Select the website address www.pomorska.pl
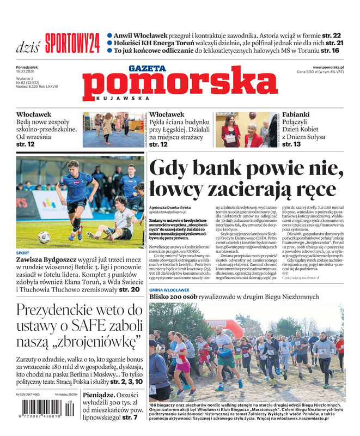coord(328,67)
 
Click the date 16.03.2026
coord(26,71)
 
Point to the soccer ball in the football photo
coord(44,237)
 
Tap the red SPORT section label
coord(23,253)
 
